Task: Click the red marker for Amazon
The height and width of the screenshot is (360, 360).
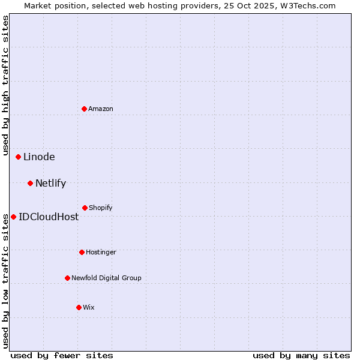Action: [x=85, y=109]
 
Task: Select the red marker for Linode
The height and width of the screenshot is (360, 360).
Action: [x=19, y=157]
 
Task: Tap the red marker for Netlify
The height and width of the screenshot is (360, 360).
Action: [x=31, y=183]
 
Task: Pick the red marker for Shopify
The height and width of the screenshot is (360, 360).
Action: [x=85, y=208]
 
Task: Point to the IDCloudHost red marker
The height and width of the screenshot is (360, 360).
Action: [x=14, y=217]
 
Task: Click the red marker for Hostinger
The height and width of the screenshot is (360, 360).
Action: [x=82, y=252]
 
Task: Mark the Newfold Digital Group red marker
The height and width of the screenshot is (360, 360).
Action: [x=68, y=278]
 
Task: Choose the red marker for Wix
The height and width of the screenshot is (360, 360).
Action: [x=79, y=307]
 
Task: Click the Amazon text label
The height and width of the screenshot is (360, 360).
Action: [x=101, y=109]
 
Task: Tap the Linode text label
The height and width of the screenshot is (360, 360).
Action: [x=39, y=157]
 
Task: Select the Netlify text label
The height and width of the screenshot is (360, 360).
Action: [x=50, y=183]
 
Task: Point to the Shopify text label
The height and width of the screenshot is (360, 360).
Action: [x=101, y=208]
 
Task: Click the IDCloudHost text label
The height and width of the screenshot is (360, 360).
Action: [x=49, y=217]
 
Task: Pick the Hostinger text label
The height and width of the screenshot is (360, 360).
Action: [x=101, y=252]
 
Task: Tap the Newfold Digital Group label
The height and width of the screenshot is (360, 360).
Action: [x=106, y=278]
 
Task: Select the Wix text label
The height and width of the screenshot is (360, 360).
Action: [x=89, y=307]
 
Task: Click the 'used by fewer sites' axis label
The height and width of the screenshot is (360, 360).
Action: [x=62, y=355]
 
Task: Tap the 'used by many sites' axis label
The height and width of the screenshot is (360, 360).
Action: [x=301, y=355]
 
